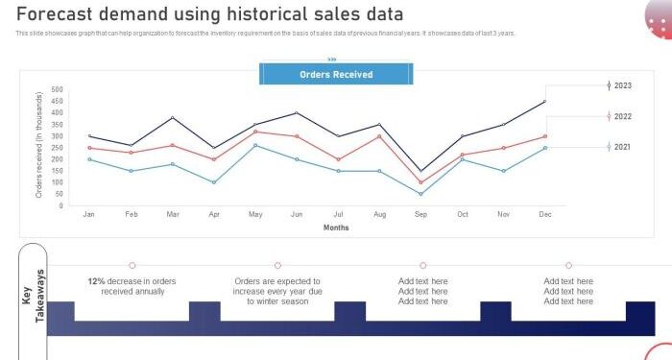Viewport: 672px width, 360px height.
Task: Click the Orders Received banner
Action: click(x=336, y=74)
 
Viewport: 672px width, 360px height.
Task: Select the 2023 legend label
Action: click(x=623, y=85)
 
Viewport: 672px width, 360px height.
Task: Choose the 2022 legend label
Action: click(x=623, y=116)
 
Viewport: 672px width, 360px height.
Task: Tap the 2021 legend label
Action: click(x=623, y=147)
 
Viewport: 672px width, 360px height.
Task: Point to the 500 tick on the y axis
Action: click(x=56, y=90)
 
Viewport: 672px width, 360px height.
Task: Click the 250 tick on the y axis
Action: click(x=56, y=148)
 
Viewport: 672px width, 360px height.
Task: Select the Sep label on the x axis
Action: click(x=420, y=214)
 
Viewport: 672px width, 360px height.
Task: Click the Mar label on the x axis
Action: click(x=172, y=214)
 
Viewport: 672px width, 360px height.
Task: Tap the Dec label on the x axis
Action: click(x=545, y=214)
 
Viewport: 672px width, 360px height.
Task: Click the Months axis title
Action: click(x=336, y=228)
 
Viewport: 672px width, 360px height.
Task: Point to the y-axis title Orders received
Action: click(x=39, y=145)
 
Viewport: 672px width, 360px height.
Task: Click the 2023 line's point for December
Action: click(x=545, y=102)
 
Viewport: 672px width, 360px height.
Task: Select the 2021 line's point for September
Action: click(x=420, y=194)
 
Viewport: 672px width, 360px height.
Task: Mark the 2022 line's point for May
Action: click(x=255, y=132)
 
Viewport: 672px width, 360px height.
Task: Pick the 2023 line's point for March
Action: click(x=172, y=118)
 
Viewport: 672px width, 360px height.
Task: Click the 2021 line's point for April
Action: click(x=214, y=182)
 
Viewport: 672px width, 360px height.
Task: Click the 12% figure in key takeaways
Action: click(x=96, y=281)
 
